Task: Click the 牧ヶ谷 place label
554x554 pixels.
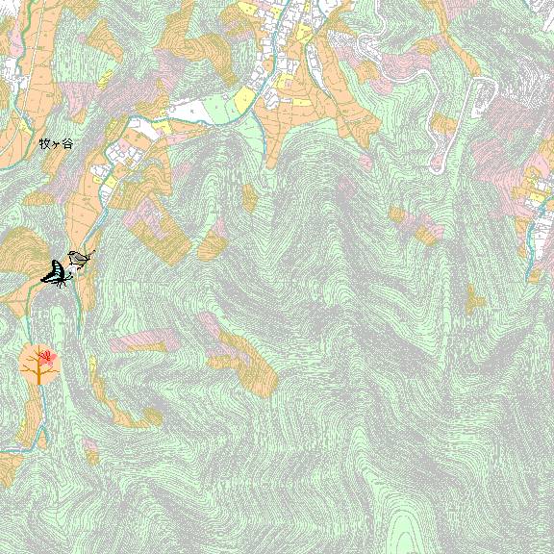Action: click(55, 143)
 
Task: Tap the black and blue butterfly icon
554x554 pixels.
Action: click(56, 274)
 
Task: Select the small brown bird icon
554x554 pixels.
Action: click(79, 258)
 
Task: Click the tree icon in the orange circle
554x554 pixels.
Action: click(39, 364)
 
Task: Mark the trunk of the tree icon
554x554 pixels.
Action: click(38, 375)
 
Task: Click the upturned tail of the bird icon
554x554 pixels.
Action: click(90, 253)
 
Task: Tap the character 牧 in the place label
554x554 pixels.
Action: click(43, 143)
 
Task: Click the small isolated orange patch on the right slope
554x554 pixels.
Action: click(475, 300)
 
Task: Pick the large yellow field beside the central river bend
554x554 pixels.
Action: click(244, 99)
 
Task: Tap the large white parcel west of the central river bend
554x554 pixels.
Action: click(205, 110)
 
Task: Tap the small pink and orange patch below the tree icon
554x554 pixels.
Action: click(90, 448)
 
